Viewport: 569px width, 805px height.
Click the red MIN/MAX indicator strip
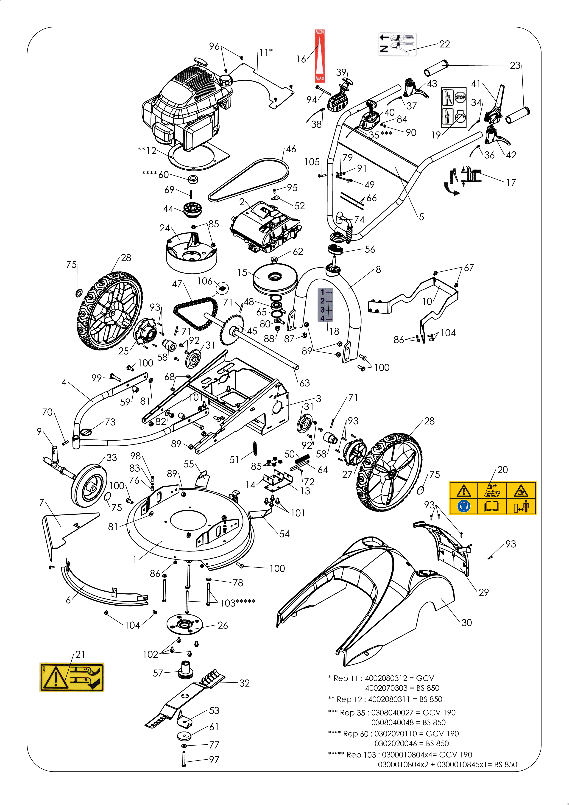click(x=319, y=56)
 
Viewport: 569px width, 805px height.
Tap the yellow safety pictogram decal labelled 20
click(x=493, y=498)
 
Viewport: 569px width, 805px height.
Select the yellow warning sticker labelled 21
click(x=72, y=677)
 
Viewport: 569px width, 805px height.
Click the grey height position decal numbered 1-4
click(x=325, y=305)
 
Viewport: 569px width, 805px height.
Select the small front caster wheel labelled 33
click(x=89, y=486)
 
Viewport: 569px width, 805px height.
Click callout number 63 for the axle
click(x=305, y=383)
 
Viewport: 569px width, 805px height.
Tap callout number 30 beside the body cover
click(x=466, y=622)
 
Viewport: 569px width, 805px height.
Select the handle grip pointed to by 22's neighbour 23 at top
click(x=436, y=68)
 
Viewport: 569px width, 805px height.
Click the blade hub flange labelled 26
click(x=184, y=624)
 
